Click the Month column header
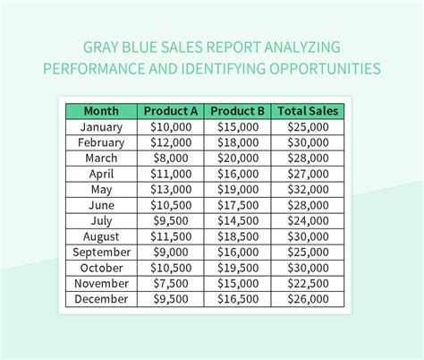click(101, 111)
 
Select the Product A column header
click(171, 111)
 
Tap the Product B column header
click(237, 111)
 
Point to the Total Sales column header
click(308, 111)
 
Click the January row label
click(101, 127)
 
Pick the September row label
click(101, 253)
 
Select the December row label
click(101, 299)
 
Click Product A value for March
click(171, 159)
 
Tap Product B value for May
click(238, 189)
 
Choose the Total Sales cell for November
click(308, 283)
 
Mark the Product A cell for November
click(171, 283)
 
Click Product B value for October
click(238, 268)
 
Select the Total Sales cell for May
click(308, 189)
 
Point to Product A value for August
click(171, 236)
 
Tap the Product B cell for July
click(238, 220)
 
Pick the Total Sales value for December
click(308, 299)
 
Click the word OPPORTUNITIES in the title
click(325, 69)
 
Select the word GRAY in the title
click(100, 47)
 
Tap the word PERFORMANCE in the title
click(94, 69)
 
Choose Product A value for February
click(171, 142)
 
